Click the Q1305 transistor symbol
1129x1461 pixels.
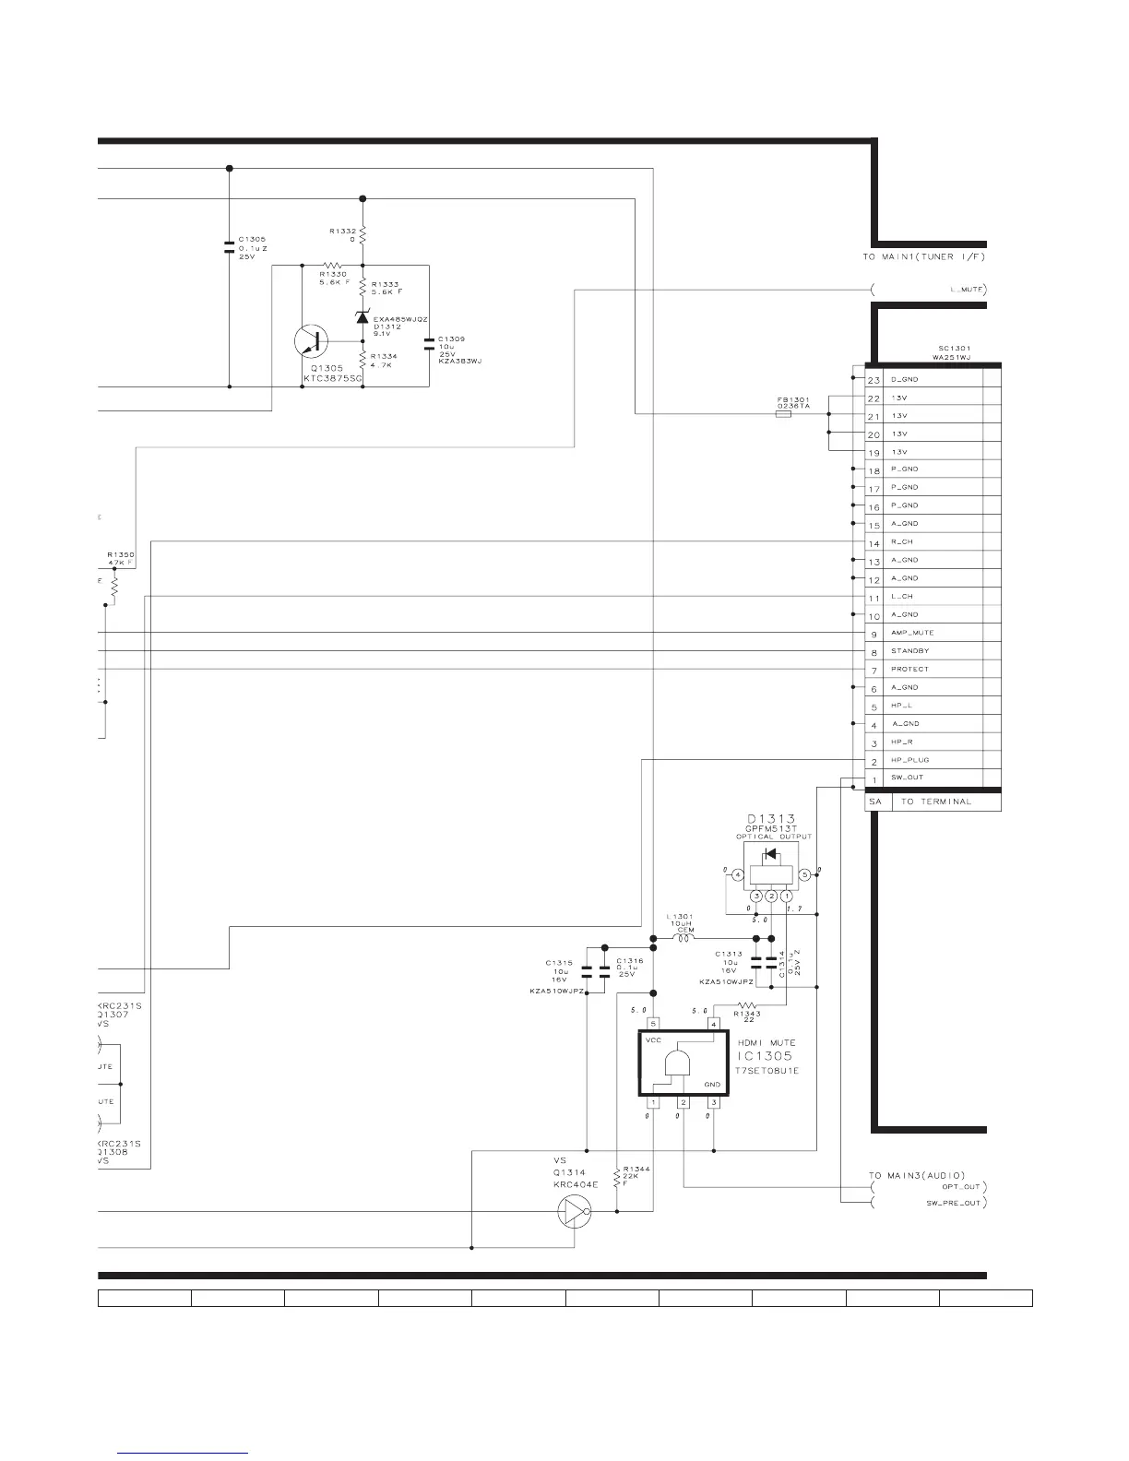[x=311, y=342]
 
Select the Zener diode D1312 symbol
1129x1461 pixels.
[x=362, y=317]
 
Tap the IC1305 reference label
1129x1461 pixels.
[x=765, y=1056]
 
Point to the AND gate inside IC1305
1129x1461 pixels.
[x=677, y=1064]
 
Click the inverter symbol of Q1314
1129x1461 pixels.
[x=574, y=1211]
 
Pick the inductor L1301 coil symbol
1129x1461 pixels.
[x=685, y=939]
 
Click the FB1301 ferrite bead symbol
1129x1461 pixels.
[x=783, y=416]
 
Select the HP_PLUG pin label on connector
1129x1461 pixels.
[x=909, y=760]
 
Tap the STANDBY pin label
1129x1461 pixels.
[x=909, y=651]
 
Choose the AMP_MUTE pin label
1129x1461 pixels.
[x=912, y=633]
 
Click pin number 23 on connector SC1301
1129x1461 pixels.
[x=874, y=380]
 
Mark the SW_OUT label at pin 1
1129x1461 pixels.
[x=907, y=778]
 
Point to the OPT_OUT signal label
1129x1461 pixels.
[x=960, y=1186]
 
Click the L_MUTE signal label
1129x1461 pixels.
[x=967, y=290]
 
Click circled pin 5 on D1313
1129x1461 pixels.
[x=804, y=874]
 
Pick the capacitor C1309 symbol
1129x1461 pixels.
[x=429, y=344]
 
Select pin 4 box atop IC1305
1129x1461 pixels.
[x=713, y=1024]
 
